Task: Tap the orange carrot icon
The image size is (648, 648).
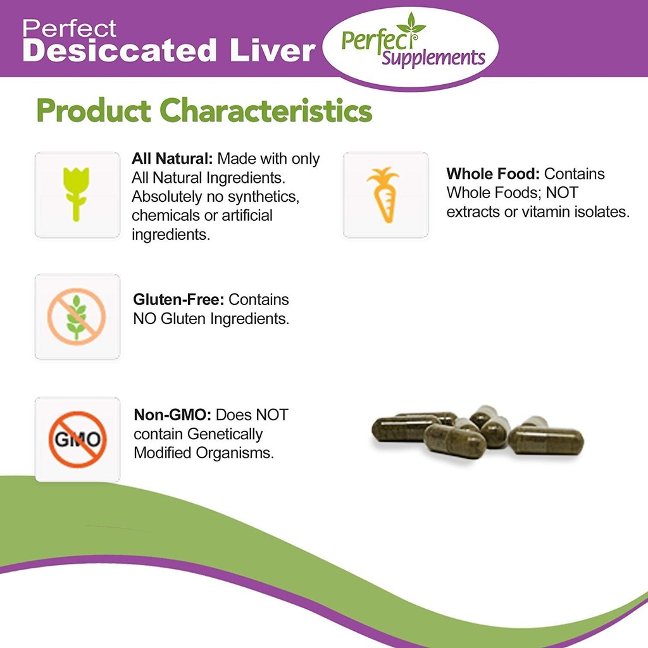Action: coord(383,194)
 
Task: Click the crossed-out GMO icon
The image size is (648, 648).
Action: coord(77,439)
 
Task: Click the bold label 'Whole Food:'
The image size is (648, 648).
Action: coord(493,174)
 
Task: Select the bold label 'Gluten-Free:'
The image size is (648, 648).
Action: coord(179,299)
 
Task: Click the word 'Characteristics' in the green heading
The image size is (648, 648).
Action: coord(266,111)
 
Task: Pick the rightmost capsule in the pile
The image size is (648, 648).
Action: coord(546,440)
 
